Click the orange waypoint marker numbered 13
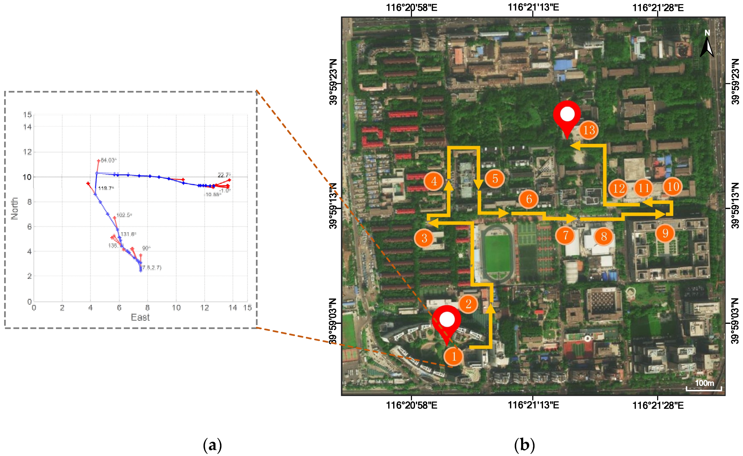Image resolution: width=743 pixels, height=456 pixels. pyautogui.click(x=588, y=130)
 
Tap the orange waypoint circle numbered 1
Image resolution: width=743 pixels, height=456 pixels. pyautogui.click(x=454, y=357)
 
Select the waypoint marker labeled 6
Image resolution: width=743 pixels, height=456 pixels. pyautogui.click(x=529, y=199)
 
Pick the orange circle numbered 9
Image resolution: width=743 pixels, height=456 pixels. pyautogui.click(x=665, y=233)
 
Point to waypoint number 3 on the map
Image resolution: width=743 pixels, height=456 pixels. pyautogui.click(x=424, y=238)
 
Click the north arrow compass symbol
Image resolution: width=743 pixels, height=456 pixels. pyautogui.click(x=707, y=45)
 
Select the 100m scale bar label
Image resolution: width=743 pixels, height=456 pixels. pyautogui.click(x=704, y=383)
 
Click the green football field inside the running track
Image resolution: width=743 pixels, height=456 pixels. pyautogui.click(x=498, y=253)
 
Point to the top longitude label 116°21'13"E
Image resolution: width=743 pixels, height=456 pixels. pyautogui.click(x=533, y=7)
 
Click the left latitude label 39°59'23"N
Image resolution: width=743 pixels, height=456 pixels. pyautogui.click(x=333, y=82)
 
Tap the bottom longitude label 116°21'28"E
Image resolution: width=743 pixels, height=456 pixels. pyautogui.click(x=658, y=405)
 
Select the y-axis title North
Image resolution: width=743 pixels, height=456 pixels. pyautogui.click(x=14, y=208)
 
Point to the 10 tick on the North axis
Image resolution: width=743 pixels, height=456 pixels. pyautogui.click(x=27, y=177)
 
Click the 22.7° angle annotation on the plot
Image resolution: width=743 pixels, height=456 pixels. pyautogui.click(x=224, y=175)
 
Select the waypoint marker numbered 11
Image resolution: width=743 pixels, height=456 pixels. pyautogui.click(x=643, y=188)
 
